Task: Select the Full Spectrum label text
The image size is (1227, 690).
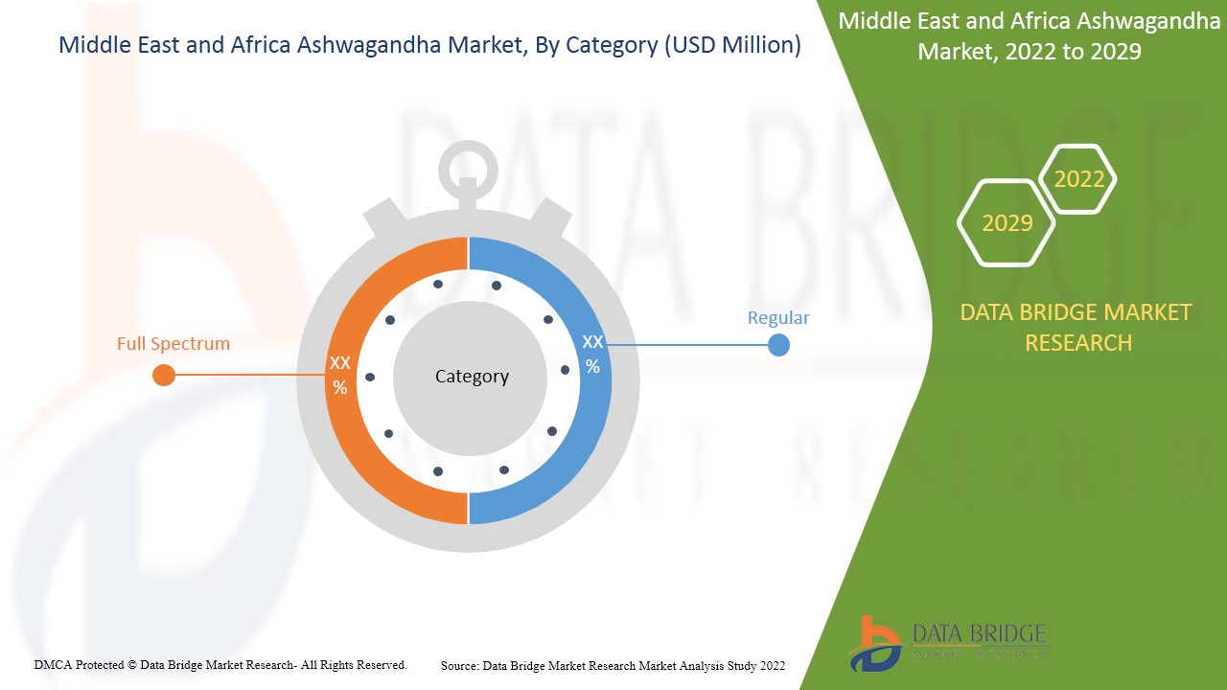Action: click(174, 343)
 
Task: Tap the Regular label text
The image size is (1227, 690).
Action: click(778, 318)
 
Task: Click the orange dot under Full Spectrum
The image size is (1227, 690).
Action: click(164, 375)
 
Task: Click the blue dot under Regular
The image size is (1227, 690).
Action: click(778, 345)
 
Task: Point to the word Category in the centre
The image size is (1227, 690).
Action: click(472, 377)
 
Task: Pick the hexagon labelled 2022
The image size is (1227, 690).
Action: click(1078, 179)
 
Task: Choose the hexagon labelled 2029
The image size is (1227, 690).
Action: click(1007, 223)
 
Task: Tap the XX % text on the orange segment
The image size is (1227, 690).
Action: click(340, 375)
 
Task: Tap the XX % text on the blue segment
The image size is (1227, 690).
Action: click(592, 354)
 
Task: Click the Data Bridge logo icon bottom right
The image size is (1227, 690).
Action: click(874, 642)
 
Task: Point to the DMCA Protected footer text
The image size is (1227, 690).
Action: click(220, 665)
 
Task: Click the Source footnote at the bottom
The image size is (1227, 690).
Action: click(613, 665)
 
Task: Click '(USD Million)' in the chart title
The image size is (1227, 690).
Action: click(731, 45)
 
